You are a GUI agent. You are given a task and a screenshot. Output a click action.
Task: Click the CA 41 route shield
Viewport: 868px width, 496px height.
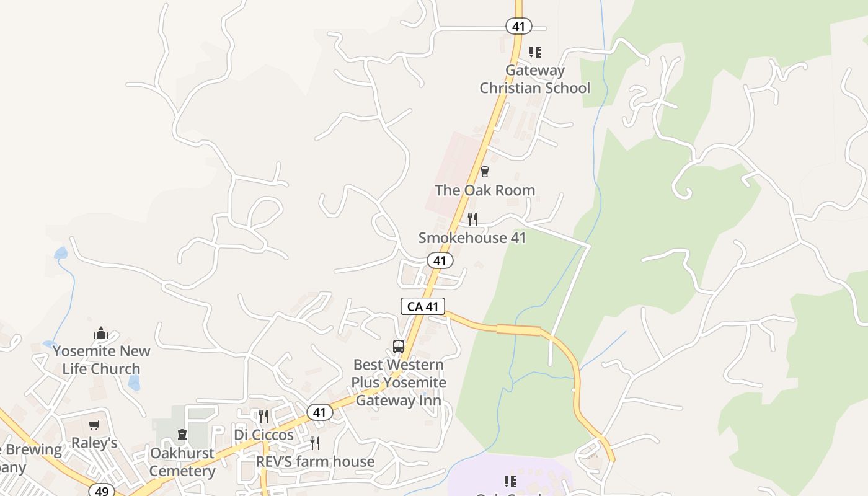point(423,306)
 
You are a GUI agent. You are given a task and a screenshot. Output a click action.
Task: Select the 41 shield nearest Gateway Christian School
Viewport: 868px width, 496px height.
point(518,26)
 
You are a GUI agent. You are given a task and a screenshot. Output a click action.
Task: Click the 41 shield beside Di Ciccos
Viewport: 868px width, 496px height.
point(319,412)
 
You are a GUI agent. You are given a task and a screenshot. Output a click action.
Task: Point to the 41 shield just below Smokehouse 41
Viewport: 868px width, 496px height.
point(440,260)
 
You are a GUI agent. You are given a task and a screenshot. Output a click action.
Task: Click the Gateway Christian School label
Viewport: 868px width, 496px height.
point(534,79)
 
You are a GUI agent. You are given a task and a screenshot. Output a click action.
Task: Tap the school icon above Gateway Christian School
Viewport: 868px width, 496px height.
point(534,52)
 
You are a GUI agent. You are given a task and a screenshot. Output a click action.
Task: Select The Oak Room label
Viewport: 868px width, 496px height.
point(485,190)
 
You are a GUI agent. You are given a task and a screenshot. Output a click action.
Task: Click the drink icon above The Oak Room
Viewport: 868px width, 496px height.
point(485,172)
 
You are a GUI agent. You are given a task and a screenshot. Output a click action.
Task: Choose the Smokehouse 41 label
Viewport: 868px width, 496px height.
point(472,237)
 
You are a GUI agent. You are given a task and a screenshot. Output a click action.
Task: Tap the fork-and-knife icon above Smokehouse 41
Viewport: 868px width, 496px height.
point(472,219)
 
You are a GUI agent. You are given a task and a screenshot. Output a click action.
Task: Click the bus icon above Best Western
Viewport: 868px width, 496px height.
point(399,347)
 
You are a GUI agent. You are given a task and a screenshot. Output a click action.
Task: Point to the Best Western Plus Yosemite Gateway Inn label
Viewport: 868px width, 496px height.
point(399,383)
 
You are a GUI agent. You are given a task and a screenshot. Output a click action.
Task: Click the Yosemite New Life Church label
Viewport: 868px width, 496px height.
point(101,360)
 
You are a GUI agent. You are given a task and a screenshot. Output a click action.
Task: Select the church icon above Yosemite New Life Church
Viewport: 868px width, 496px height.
point(101,334)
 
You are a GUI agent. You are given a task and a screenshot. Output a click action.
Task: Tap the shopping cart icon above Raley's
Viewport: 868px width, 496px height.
point(94,425)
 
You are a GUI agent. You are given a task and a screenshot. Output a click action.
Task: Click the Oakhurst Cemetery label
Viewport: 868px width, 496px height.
point(182,462)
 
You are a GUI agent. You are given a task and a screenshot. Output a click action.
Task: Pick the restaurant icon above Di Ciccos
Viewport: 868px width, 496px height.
point(263,416)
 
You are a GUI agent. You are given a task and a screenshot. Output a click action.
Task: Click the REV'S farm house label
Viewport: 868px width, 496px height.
point(315,462)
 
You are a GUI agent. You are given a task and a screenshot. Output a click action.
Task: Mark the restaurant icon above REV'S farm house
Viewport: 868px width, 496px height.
point(315,443)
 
